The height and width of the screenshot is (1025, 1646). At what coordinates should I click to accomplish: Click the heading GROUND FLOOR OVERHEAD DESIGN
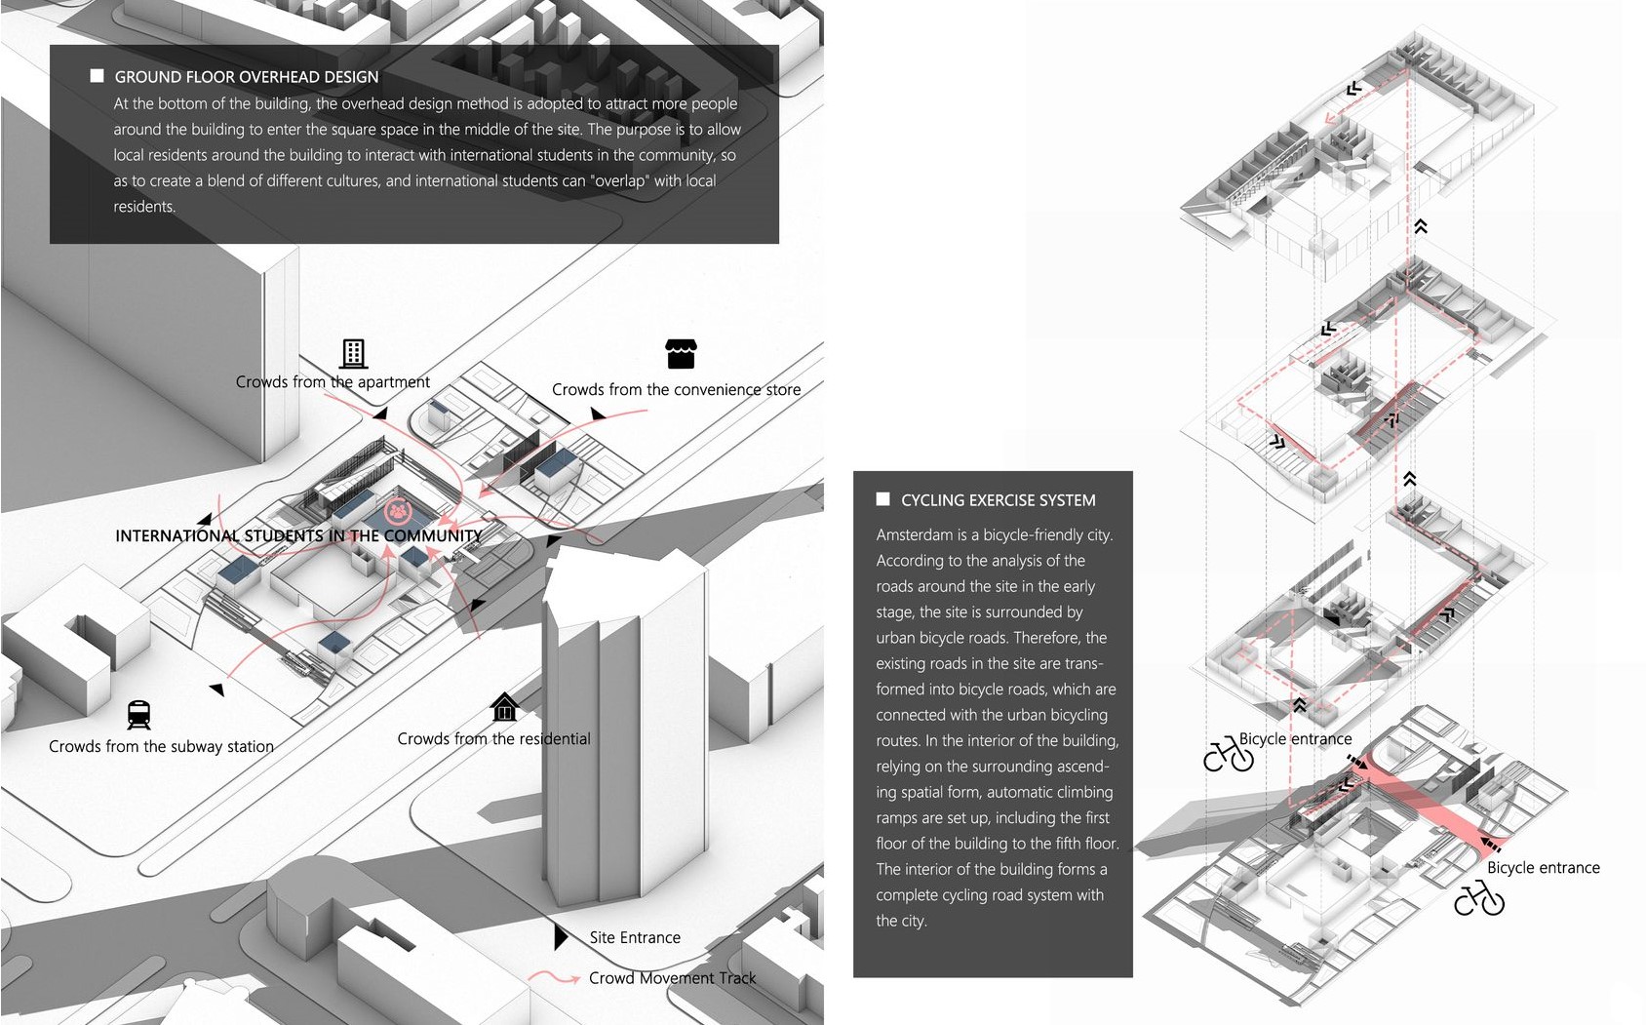pos(246,77)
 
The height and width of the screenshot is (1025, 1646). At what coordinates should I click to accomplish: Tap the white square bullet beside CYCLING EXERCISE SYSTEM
pos(882,499)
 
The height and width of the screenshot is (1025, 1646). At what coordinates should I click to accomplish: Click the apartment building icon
pos(353,353)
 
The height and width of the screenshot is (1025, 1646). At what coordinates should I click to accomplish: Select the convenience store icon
pos(681,354)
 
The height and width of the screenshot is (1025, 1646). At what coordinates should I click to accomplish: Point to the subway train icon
pos(138,715)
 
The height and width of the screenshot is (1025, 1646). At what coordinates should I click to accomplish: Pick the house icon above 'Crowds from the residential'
pos(504,706)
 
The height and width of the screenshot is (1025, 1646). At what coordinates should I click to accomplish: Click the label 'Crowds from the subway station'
pos(161,746)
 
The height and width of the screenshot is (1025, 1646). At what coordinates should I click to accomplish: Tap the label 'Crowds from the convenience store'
pos(676,389)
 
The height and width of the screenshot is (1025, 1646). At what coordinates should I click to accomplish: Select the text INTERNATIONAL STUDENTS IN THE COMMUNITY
pos(298,535)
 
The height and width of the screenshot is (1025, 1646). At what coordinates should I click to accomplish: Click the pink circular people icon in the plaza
pos(397,510)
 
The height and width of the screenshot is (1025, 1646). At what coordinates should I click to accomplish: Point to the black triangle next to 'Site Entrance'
pos(561,937)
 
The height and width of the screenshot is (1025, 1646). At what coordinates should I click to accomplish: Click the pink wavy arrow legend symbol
pos(554,976)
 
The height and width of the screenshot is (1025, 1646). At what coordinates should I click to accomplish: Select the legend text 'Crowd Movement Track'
pos(672,978)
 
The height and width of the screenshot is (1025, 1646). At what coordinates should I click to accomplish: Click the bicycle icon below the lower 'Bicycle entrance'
pos(1478,898)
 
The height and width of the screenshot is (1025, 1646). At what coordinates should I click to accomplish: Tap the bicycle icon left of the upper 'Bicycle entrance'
pos(1228,754)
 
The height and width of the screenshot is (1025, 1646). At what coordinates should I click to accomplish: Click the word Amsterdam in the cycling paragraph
pos(914,534)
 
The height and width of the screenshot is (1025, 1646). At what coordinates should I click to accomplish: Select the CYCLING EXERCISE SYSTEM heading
pos(998,500)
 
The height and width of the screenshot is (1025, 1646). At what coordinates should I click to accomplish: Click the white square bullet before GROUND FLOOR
pos(97,76)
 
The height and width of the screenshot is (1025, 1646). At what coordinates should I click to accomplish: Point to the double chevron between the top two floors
pos(1421,226)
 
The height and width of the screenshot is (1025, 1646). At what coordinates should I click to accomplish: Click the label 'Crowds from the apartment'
pos(333,382)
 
